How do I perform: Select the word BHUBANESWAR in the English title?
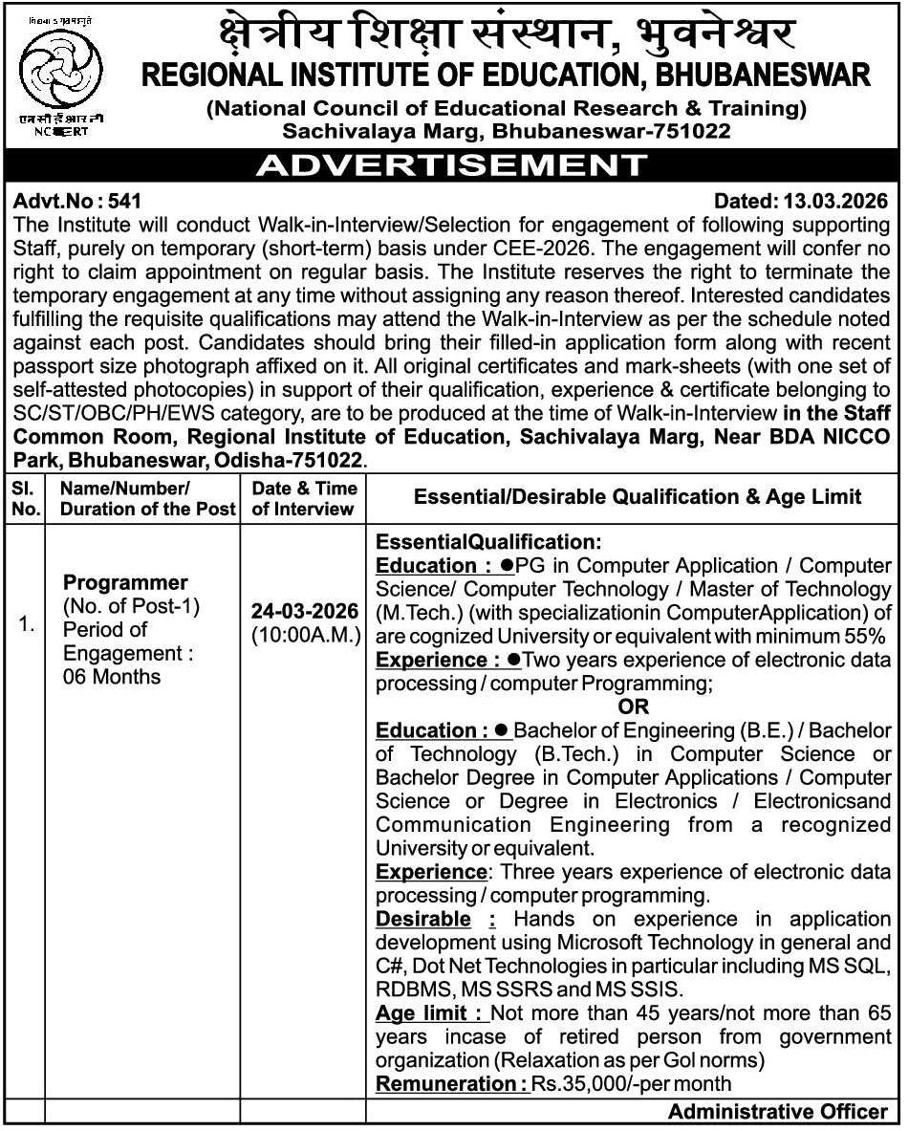point(763,74)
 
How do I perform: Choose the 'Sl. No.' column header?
point(26,498)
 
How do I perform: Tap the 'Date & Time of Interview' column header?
point(304,498)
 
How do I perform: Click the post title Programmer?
point(125,582)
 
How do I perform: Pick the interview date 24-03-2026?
point(305,611)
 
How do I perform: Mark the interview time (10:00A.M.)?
point(305,634)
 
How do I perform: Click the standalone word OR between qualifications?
point(633,707)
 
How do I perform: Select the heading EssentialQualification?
point(488,542)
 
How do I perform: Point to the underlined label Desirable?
point(423,919)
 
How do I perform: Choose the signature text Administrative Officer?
point(778,1111)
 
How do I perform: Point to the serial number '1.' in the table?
point(26,626)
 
